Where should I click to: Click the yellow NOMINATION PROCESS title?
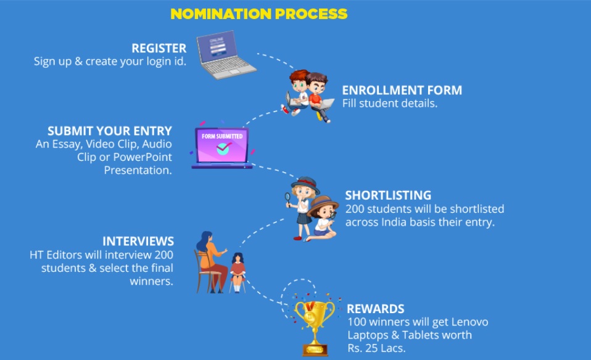[259, 14]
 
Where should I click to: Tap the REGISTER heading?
[159, 48]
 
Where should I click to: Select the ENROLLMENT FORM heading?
[402, 91]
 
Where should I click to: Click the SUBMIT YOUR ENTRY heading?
[110, 131]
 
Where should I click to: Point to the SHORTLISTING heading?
[388, 195]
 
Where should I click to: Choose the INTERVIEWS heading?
[138, 241]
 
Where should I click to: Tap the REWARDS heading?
[376, 309]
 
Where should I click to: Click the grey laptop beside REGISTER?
[226, 55]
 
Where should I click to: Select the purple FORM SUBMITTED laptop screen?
[222, 145]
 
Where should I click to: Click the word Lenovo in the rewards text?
[469, 322]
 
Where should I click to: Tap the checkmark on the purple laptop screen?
[223, 149]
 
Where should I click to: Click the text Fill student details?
[390, 104]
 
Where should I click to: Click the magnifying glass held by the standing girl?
[287, 197]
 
